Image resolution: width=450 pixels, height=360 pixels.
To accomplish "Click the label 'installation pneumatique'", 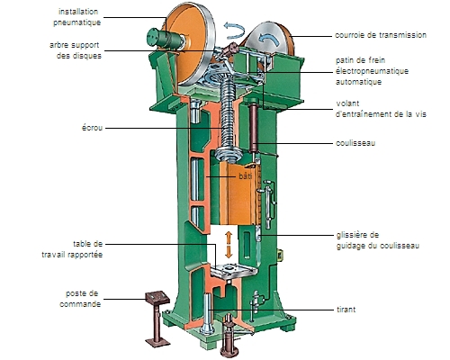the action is [76, 17].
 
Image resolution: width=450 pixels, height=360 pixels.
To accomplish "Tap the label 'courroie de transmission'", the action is [381, 35].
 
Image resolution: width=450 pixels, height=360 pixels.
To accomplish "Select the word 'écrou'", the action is [92, 128].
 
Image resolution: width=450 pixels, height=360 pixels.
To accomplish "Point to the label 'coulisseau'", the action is [355, 143].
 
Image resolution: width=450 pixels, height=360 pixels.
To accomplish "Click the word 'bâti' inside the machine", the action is [246, 176].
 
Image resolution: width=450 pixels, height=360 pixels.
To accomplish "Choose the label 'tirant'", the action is [346, 310].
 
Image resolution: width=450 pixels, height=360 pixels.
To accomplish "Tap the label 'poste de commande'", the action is [80, 299].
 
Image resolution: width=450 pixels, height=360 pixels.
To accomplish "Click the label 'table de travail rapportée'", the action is [72, 249].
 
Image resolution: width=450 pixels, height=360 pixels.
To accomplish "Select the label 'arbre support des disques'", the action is [76, 50].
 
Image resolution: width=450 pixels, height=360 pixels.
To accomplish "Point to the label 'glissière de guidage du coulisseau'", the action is [378, 240].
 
